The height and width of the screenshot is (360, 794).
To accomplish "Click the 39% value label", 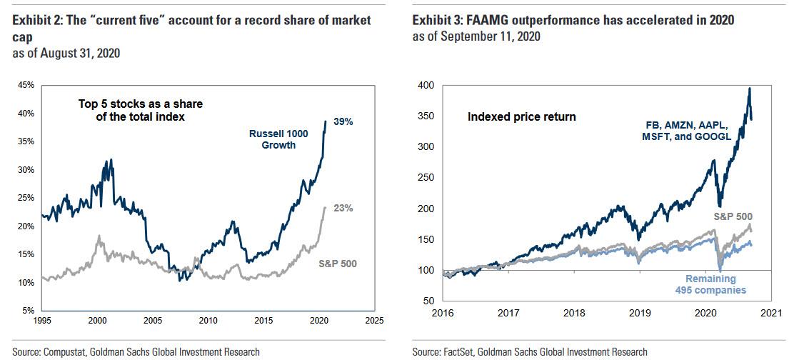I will point(344,122).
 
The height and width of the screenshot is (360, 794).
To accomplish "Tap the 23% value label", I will point(344,209).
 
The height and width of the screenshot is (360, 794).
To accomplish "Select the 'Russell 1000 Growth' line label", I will point(273,139).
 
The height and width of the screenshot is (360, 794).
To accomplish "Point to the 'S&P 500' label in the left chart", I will point(338,264).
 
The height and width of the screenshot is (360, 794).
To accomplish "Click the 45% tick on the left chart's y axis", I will point(25,85).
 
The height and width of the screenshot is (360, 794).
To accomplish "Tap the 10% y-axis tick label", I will point(25,283).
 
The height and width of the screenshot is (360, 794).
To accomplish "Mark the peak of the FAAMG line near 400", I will point(749,89).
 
